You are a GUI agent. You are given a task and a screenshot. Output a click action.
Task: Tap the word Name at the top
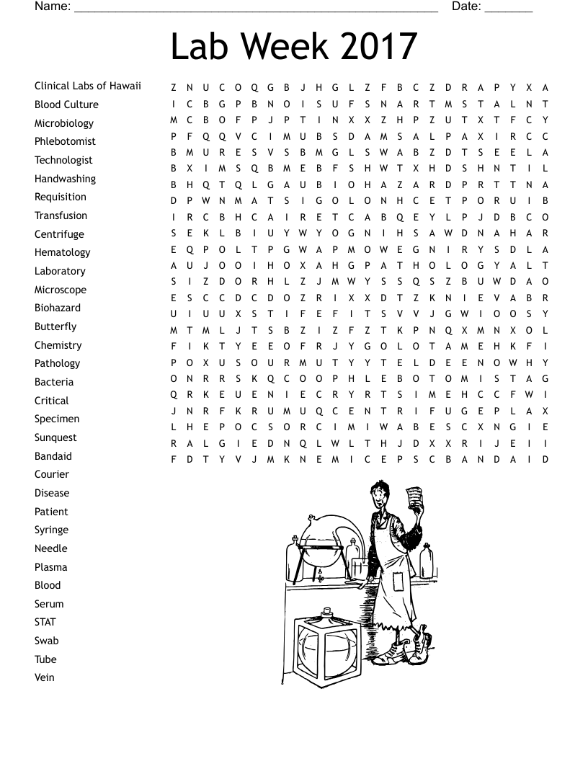52,6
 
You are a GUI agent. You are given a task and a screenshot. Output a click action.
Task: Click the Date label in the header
466,6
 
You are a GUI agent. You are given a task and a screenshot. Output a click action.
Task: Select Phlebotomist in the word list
65,141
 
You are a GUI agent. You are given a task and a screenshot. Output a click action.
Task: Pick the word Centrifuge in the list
59,234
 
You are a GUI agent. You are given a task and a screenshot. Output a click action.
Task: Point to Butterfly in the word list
55,326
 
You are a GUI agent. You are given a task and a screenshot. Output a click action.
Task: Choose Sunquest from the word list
55,437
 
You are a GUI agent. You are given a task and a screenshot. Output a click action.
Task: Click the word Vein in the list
45,677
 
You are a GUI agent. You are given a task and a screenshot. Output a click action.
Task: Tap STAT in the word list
45,622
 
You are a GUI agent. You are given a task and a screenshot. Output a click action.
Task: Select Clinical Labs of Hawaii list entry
88,86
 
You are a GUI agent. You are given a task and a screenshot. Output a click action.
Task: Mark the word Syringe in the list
51,530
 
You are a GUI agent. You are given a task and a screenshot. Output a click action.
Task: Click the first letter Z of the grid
174,88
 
